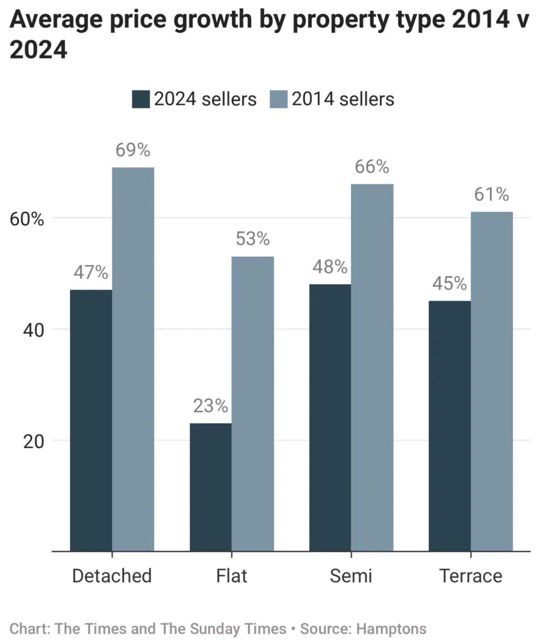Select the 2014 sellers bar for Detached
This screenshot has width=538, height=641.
pyautogui.click(x=133, y=359)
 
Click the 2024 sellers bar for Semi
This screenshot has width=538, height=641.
pyautogui.click(x=330, y=417)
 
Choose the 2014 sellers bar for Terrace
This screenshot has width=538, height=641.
pyautogui.click(x=491, y=381)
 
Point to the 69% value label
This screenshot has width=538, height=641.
pyautogui.click(x=133, y=150)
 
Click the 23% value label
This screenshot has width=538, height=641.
pyautogui.click(x=210, y=406)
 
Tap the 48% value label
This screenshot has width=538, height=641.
pyautogui.click(x=330, y=267)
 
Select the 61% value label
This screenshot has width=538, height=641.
pyautogui.click(x=491, y=194)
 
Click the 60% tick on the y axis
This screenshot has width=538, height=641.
pyautogui.click(x=27, y=219)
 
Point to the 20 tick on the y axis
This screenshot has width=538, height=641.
pyautogui.click(x=33, y=441)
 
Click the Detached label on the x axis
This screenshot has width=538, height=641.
pyautogui.click(x=112, y=576)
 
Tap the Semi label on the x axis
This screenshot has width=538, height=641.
pyautogui.click(x=351, y=576)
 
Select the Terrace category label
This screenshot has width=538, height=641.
pyautogui.click(x=471, y=576)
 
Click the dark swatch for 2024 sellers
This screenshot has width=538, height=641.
pyautogui.click(x=141, y=99)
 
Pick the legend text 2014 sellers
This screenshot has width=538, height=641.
pyautogui.click(x=342, y=99)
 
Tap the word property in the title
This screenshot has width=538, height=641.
pyautogui.click(x=340, y=20)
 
